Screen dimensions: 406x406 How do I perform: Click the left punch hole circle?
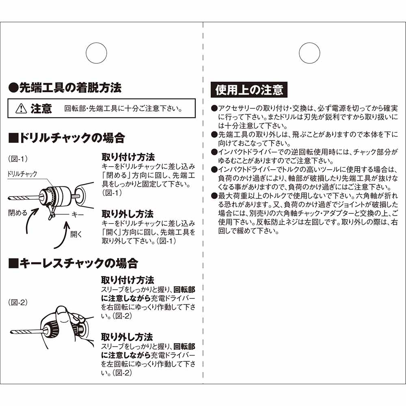(96, 53)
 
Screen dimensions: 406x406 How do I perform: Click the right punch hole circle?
(309, 53)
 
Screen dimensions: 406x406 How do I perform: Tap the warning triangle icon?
(20, 109)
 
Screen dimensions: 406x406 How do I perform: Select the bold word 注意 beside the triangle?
(41, 109)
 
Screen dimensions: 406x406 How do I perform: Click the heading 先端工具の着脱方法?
(65, 87)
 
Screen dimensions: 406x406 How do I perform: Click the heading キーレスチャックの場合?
(73, 263)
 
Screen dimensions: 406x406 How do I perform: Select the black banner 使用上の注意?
(249, 89)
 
